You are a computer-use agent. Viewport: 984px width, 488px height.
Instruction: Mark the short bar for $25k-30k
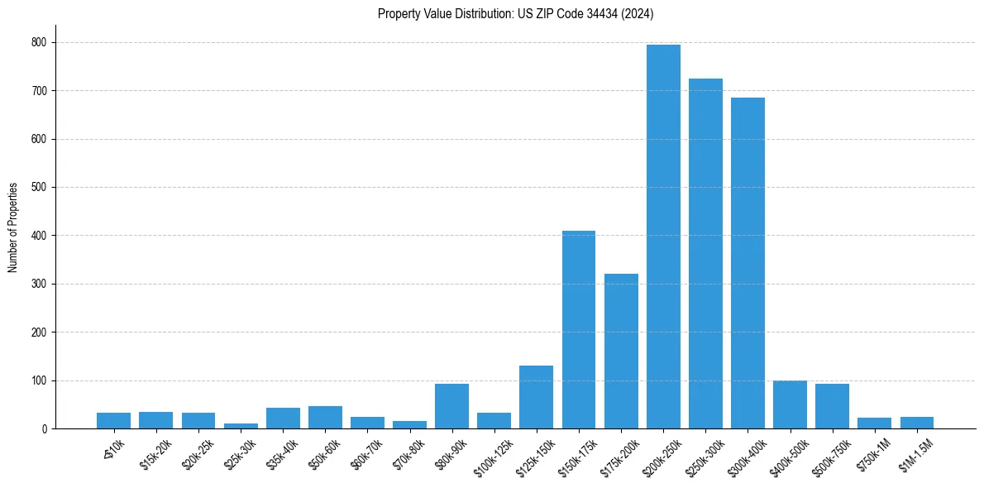point(241,426)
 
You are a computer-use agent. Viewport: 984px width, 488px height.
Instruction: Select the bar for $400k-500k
point(790,404)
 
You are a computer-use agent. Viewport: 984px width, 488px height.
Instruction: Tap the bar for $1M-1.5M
point(916,423)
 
